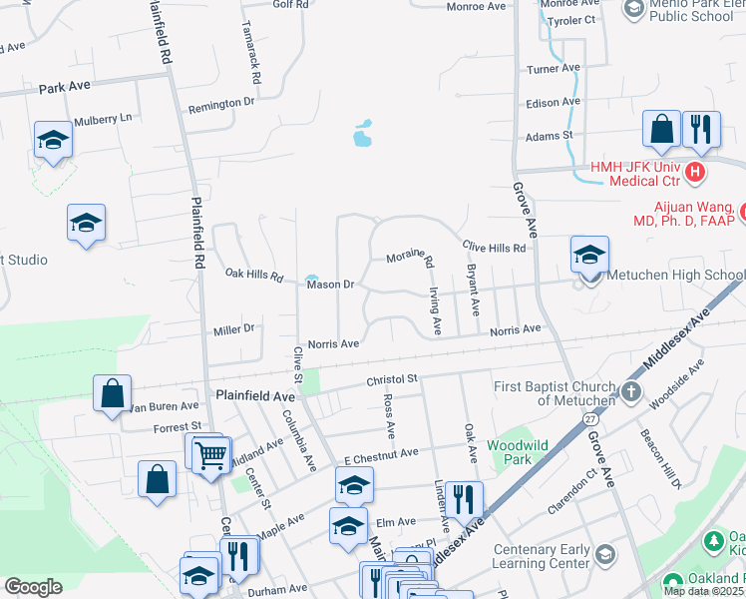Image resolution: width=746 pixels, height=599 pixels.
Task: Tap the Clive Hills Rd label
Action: [493, 247]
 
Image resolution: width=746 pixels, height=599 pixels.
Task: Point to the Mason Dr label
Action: [330, 285]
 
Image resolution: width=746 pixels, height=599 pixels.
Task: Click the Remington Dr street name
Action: [214, 104]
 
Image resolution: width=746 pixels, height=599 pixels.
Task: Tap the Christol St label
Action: [390, 379]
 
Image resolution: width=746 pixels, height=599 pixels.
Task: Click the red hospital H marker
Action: [696, 172]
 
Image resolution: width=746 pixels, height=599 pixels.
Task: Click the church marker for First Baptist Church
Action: [629, 391]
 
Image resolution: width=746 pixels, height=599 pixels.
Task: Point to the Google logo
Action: [33, 587]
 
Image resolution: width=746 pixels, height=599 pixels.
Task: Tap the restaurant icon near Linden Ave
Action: [463, 496]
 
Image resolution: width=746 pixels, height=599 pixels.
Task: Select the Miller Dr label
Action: [234, 328]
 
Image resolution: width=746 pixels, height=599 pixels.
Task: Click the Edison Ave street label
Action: [554, 102]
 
